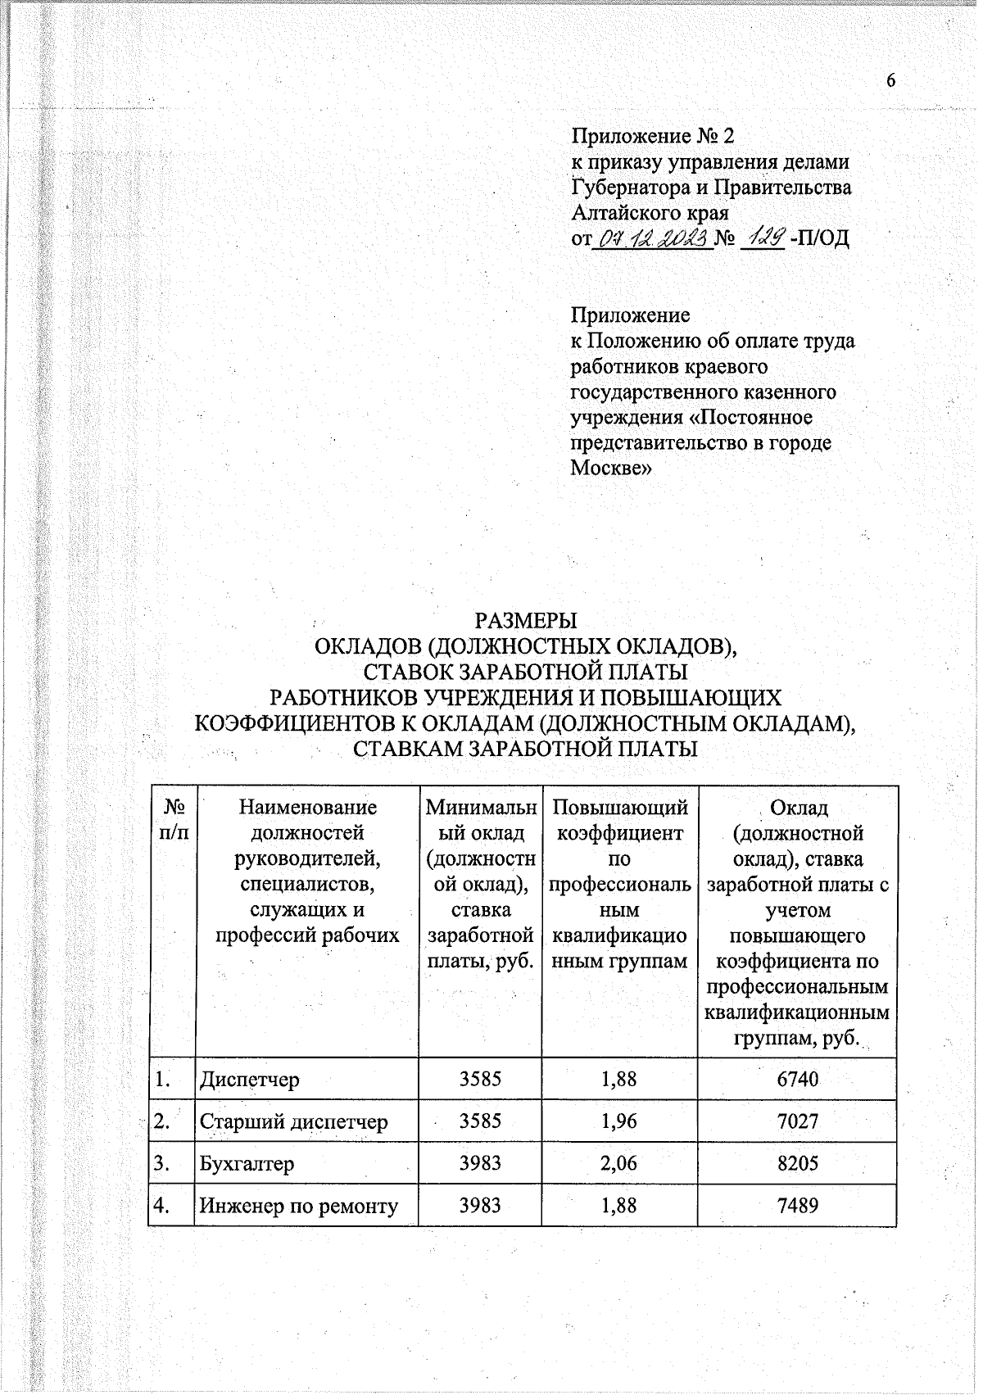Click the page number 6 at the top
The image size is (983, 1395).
click(x=891, y=80)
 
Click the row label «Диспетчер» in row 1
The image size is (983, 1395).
click(x=250, y=1079)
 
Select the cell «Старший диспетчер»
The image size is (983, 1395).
click(x=293, y=1121)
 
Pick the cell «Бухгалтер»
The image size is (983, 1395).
click(x=247, y=1163)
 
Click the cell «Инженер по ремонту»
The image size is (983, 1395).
click(x=299, y=1206)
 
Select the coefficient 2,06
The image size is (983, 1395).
click(x=618, y=1163)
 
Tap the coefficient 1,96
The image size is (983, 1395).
click(x=618, y=1121)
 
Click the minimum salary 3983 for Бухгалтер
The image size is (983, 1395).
click(x=480, y=1163)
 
